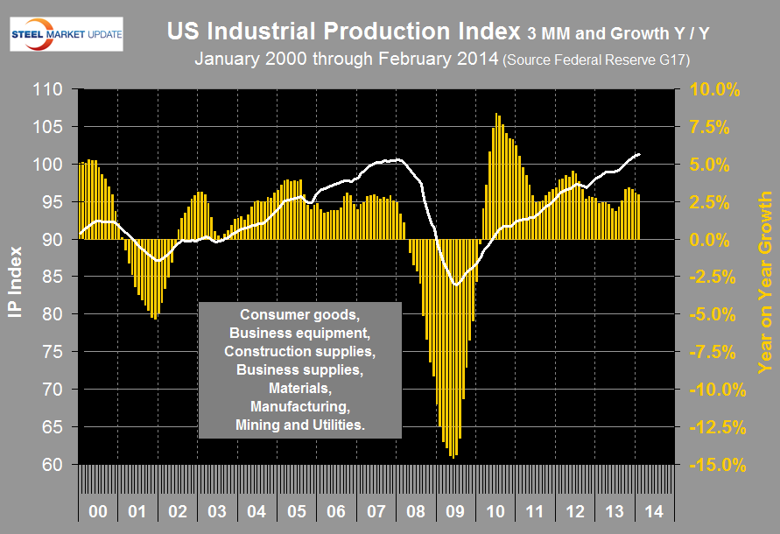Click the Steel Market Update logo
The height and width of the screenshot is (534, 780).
tap(67, 34)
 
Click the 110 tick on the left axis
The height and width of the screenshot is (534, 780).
tap(47, 89)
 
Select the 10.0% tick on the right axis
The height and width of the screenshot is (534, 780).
tap(716, 89)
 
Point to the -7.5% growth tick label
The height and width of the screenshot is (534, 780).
tap(717, 352)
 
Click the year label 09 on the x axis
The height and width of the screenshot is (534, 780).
tap(457, 509)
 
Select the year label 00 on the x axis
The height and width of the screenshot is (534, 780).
tap(98, 509)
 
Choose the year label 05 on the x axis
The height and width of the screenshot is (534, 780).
tap(298, 509)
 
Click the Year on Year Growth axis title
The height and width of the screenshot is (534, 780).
tap(764, 277)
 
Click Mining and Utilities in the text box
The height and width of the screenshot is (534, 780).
tap(299, 424)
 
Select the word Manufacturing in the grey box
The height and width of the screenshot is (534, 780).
tap(299, 406)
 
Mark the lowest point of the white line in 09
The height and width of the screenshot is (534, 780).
tap(455, 285)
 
